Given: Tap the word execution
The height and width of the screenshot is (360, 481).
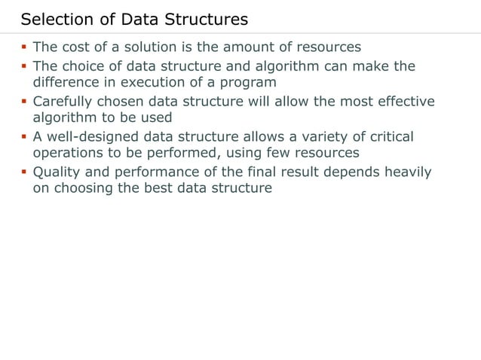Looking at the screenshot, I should pyautogui.click(x=164, y=82).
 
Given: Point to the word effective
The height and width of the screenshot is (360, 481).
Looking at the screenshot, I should pyautogui.click(x=406, y=101).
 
